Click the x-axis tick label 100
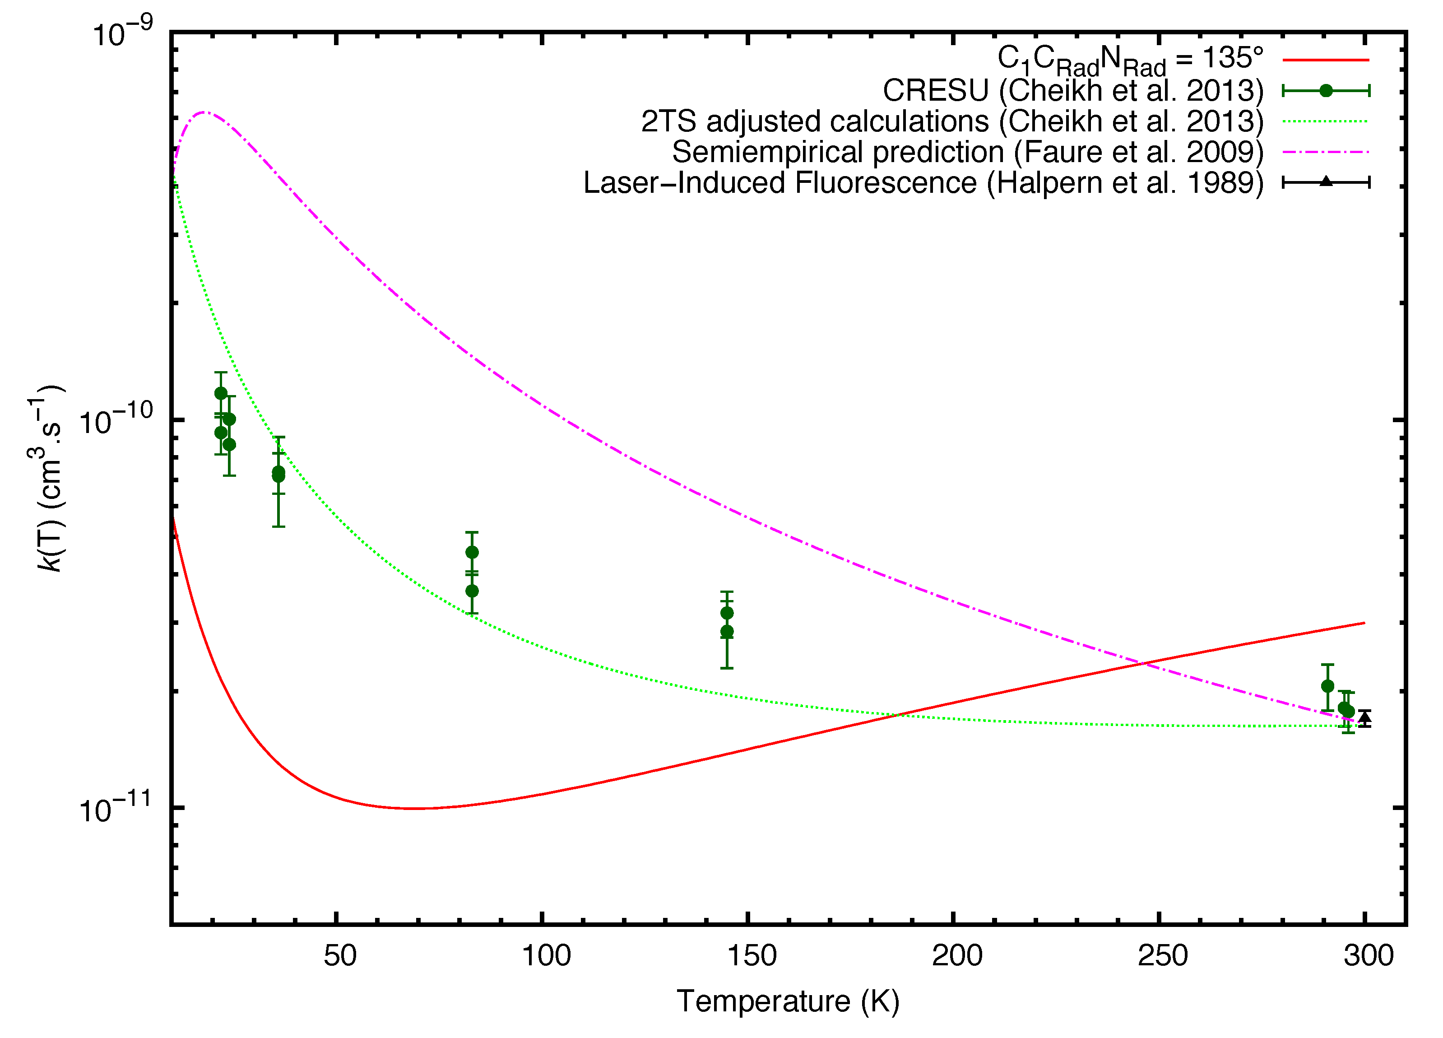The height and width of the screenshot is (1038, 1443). point(546,956)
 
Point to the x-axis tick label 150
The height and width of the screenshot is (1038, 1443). point(752,956)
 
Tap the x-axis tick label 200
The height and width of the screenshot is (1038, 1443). point(957,956)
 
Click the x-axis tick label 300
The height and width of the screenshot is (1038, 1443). point(1368,956)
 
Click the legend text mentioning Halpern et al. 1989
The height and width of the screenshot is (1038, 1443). point(923,183)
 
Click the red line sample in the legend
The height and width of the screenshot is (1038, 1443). point(1325,60)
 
